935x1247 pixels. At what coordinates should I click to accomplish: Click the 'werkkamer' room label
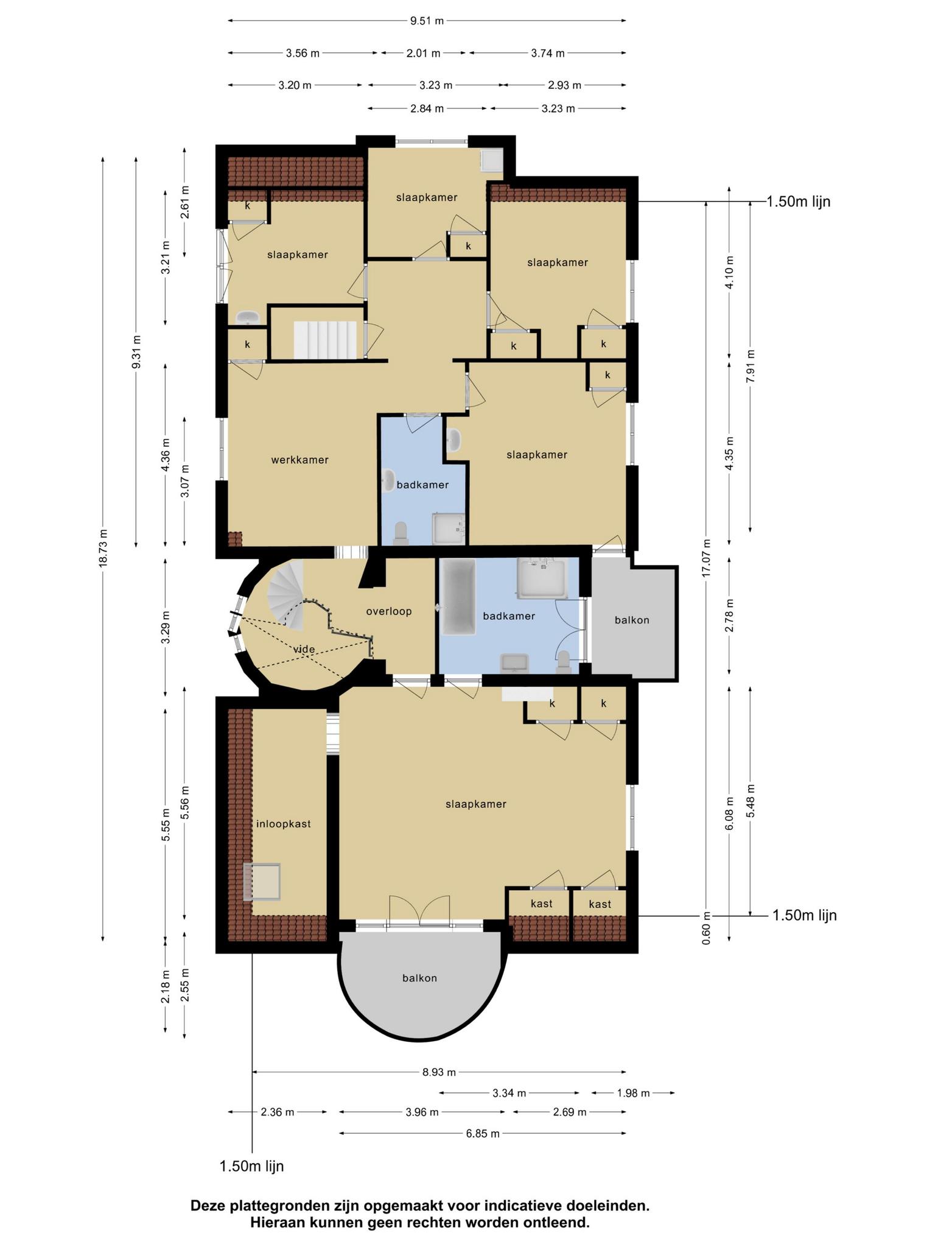pyautogui.click(x=299, y=460)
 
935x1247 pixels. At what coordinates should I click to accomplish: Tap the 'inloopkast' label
pyautogui.click(x=284, y=824)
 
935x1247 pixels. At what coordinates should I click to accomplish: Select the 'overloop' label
pyautogui.click(x=389, y=611)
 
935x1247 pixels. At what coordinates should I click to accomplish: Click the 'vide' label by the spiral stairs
pyautogui.click(x=304, y=649)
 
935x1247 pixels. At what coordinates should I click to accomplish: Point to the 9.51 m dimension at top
pyautogui.click(x=427, y=21)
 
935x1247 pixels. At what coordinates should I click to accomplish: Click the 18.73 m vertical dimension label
pyautogui.click(x=103, y=549)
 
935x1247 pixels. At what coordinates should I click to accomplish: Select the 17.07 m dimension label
pyautogui.click(x=706, y=558)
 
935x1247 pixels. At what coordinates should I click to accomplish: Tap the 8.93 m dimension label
pyautogui.click(x=439, y=1072)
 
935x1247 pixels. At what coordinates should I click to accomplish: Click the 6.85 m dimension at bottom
pyautogui.click(x=483, y=1133)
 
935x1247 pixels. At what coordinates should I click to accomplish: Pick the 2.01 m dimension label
pyautogui.click(x=423, y=53)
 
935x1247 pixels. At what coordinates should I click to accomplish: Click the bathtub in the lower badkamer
pyautogui.click(x=458, y=597)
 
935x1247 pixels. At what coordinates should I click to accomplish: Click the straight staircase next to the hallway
pyautogui.click(x=325, y=340)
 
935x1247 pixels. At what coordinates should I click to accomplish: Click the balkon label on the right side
pyautogui.click(x=632, y=620)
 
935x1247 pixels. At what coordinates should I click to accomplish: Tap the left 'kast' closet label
pyautogui.click(x=541, y=903)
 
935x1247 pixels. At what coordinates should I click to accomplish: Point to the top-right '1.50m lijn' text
pyautogui.click(x=799, y=202)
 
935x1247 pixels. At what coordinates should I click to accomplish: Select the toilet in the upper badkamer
pyautogui.click(x=401, y=533)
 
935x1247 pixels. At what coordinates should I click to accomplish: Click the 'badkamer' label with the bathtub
pyautogui.click(x=509, y=616)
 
